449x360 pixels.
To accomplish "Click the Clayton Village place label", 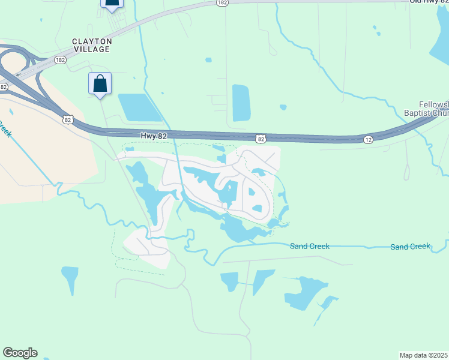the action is tap(92, 45).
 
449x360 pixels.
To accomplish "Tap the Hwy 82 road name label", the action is tap(154, 136).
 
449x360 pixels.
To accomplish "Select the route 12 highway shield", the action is tap(367, 139).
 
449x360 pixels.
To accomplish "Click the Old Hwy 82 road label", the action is tap(429, 2).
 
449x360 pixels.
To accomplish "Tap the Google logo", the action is tap(20, 353).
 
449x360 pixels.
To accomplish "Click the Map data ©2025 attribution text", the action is tap(424, 355).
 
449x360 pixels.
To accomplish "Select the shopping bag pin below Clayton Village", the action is tap(100, 83).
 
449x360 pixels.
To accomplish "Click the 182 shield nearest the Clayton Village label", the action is tap(60, 60).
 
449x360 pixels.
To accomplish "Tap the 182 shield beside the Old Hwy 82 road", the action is tap(222, 3).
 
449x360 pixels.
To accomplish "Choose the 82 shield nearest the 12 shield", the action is tap(261, 139).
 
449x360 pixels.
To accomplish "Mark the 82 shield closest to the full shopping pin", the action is tap(68, 120).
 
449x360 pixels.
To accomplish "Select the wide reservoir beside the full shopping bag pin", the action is tap(140, 107).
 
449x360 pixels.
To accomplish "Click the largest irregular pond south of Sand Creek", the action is tap(304, 291).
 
